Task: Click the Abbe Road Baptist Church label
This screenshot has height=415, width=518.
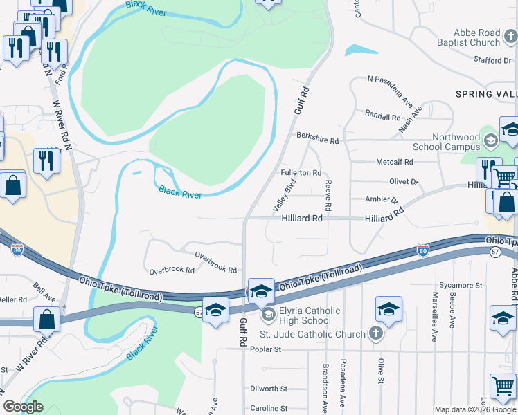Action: coord(476,37)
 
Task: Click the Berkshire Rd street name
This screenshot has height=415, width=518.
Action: coord(317,140)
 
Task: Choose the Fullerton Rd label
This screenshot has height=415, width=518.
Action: coord(301,173)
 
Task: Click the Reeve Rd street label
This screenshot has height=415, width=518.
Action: coord(328,196)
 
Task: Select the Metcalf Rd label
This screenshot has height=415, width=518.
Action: coord(394,162)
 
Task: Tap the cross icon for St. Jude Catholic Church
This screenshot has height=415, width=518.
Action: coord(375,335)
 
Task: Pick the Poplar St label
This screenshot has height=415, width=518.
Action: coord(266,350)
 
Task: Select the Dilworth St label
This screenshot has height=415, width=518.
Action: coord(269,389)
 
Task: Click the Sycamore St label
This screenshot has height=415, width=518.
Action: coord(461,285)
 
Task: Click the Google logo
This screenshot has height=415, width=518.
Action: coord(23,407)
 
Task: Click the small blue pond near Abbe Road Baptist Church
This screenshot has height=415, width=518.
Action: coord(361,50)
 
